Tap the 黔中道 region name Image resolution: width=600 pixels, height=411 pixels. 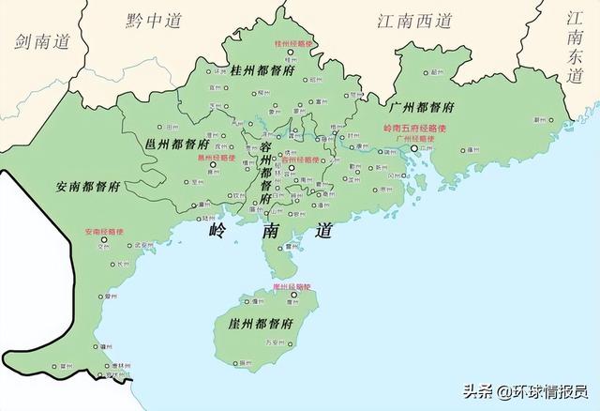[154, 20]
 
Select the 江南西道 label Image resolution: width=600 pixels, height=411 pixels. [414, 20]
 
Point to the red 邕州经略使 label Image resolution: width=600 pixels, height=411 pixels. [216, 159]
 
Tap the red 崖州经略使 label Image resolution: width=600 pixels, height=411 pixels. [291, 285]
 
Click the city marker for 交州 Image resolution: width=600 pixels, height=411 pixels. [106, 241]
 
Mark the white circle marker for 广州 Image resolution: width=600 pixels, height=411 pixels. [414, 147]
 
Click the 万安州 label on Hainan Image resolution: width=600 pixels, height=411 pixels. [278, 342]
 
